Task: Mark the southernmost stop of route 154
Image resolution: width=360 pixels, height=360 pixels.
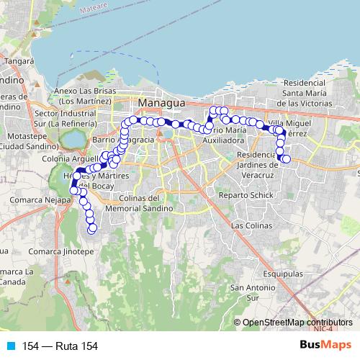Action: click(92, 229)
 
